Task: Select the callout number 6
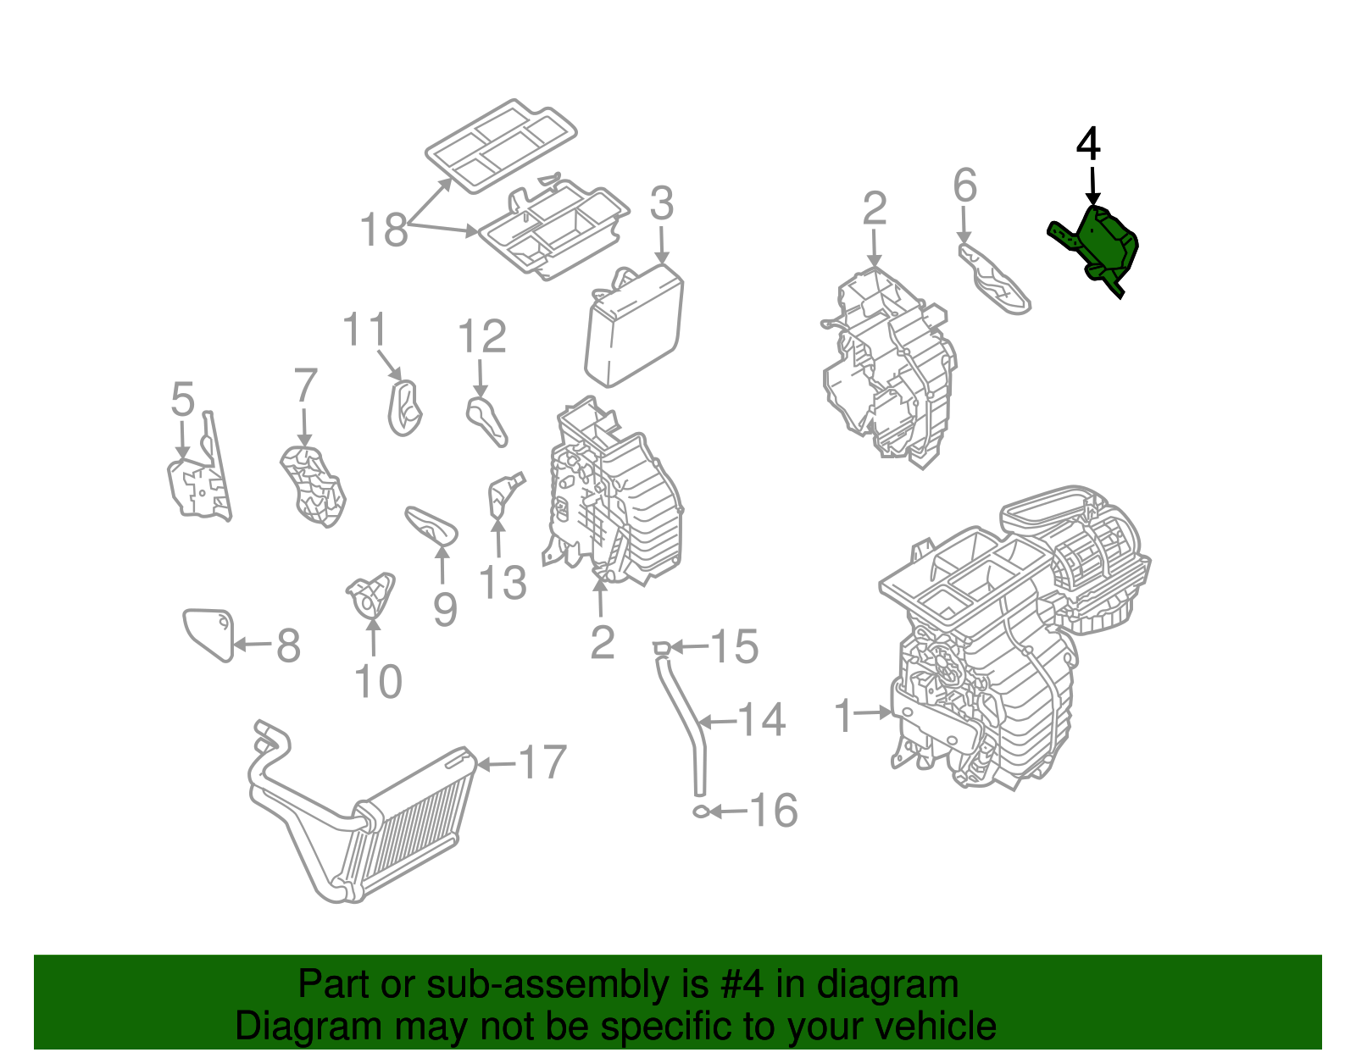964,186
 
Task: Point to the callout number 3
661,204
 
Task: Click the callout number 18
383,230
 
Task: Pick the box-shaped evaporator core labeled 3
634,326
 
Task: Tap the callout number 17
542,762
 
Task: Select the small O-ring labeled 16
701,812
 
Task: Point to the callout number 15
734,647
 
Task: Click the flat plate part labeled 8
208,633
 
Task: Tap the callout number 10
377,681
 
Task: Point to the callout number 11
364,330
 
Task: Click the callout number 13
503,583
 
